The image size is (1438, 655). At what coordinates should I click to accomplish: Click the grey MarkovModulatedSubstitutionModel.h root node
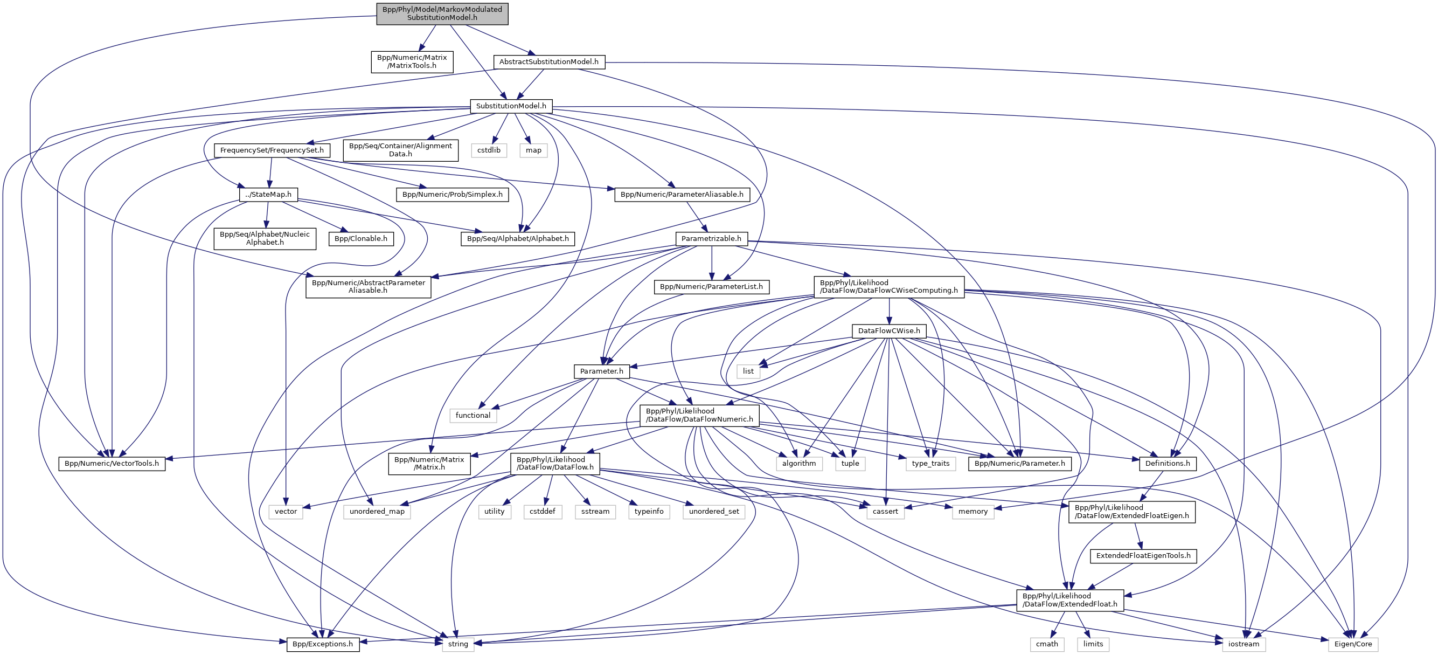point(442,13)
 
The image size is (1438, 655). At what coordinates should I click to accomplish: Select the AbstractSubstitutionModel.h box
point(548,62)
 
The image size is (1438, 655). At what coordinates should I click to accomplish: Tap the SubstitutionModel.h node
point(511,106)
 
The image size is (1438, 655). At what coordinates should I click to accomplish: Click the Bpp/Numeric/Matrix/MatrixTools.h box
point(412,61)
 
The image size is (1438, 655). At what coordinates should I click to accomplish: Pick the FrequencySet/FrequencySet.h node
point(272,150)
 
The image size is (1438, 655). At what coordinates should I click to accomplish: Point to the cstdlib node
point(489,150)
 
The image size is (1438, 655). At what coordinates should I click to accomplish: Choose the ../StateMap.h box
point(268,194)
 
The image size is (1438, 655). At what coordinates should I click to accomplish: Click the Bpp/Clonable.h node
point(360,238)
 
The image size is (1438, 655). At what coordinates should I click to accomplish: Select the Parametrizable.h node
point(711,238)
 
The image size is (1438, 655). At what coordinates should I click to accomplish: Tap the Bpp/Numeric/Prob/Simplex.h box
point(452,194)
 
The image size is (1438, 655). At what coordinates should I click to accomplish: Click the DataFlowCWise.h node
point(888,331)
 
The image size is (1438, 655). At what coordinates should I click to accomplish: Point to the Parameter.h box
point(601,371)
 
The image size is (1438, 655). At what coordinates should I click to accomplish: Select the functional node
point(473,416)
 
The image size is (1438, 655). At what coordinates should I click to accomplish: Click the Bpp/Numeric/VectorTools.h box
point(112,464)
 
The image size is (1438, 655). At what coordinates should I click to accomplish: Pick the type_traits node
point(930,464)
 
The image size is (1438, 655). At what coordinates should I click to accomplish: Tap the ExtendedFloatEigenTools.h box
point(1143,556)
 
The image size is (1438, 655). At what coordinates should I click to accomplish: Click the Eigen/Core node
point(1352,644)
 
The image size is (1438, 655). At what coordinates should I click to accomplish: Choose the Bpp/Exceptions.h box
point(323,644)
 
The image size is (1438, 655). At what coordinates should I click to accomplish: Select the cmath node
point(1047,644)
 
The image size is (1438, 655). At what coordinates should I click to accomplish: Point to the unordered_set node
point(714,512)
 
